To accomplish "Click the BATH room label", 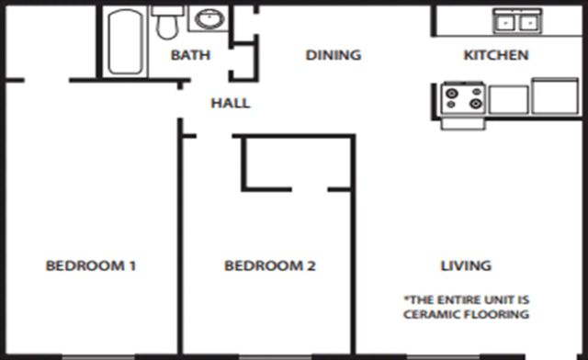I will [190, 55].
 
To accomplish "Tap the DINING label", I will [333, 55].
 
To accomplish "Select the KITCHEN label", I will [495, 55].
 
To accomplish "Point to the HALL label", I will [231, 103].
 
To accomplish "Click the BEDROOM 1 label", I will [91, 266].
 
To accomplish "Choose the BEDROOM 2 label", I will [270, 266].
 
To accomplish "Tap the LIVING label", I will [466, 266].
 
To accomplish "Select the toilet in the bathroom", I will [166, 23].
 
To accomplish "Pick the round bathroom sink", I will [208, 19].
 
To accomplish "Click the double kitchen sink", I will [516, 20].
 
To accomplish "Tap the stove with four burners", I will [464, 97].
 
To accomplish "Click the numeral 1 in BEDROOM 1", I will [133, 266].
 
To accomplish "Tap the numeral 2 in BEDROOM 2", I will [311, 266].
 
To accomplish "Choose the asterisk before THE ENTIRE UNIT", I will [407, 298].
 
